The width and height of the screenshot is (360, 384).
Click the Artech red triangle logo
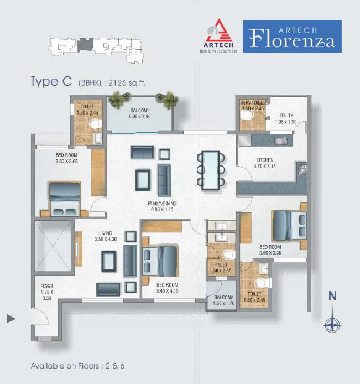tap(218, 31)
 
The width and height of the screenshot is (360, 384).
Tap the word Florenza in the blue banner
tap(292, 39)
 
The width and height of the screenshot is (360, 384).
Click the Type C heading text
tap(51, 81)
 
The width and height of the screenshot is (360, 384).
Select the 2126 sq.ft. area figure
tap(127, 83)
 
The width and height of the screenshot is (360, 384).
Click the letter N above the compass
tap(332, 296)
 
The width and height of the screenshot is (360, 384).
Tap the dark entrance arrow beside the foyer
tap(11, 319)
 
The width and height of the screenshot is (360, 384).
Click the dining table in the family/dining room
tap(211, 170)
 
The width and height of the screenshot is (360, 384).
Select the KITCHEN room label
tap(265, 160)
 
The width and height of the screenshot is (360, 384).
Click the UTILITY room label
tap(285, 115)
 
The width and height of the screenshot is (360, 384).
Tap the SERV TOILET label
tap(253, 102)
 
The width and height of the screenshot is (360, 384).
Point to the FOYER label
tap(47, 286)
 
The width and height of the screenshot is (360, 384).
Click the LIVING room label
tap(106, 233)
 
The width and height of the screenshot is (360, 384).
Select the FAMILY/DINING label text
tap(162, 203)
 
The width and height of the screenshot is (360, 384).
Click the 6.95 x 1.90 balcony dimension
tap(140, 117)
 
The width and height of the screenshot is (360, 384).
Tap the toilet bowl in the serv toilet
tap(247, 115)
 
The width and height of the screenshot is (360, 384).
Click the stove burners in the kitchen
tap(302, 169)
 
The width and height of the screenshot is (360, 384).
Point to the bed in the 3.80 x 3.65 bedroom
tap(64, 199)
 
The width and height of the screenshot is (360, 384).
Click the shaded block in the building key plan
tap(85, 45)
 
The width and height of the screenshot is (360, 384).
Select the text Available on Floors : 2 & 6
tap(78, 366)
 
